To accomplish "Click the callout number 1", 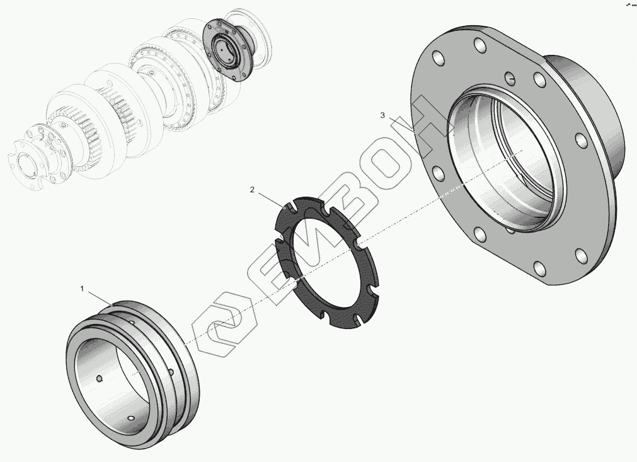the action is click(x=82, y=289).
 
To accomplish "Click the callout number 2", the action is click(x=252, y=190).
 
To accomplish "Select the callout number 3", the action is click(x=382, y=115).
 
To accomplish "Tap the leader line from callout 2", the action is click(x=270, y=200).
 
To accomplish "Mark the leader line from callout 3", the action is click(x=401, y=125).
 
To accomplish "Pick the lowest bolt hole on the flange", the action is click(x=539, y=269).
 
